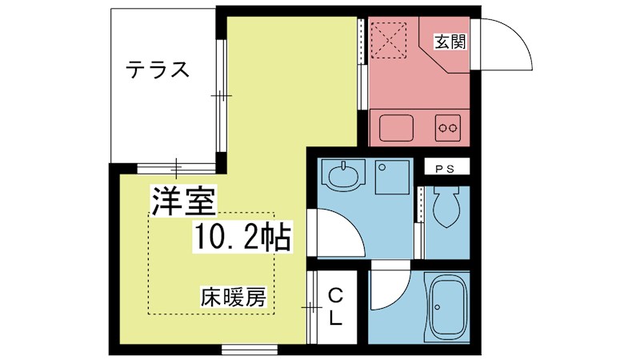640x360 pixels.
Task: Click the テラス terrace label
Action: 158,71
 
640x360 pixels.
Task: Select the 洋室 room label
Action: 183,202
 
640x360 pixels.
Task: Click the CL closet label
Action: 336,307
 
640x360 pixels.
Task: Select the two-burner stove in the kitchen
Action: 448,126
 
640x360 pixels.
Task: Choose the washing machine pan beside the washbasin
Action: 392,178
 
